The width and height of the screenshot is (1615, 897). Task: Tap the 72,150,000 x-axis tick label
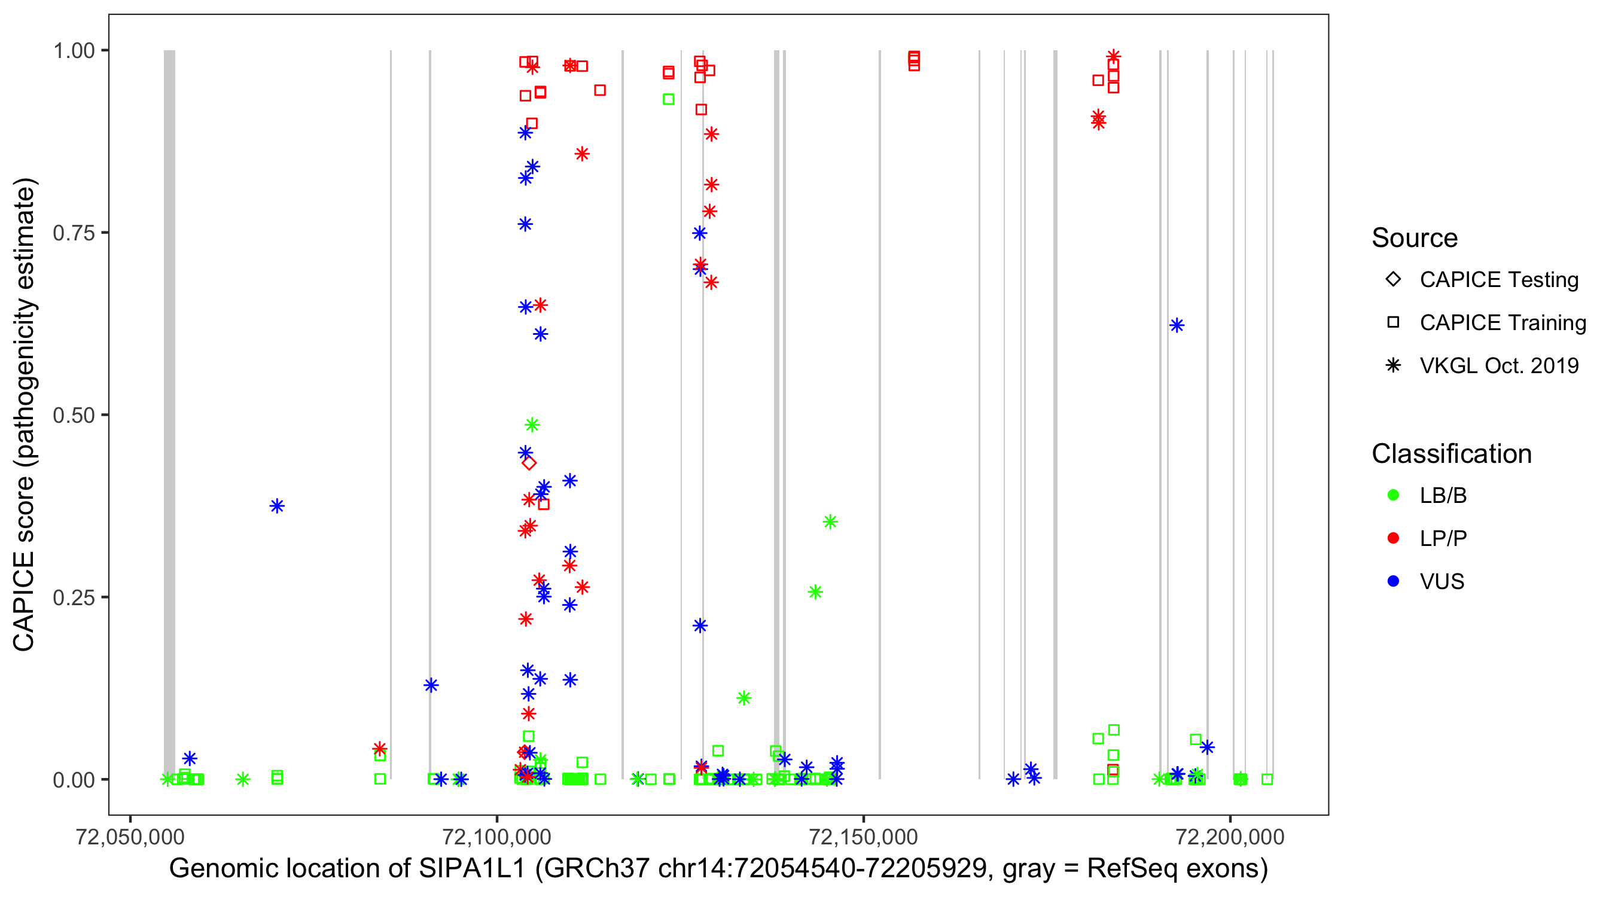point(863,836)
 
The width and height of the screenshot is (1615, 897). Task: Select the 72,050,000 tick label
point(130,836)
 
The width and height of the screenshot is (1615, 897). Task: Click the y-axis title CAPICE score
point(25,414)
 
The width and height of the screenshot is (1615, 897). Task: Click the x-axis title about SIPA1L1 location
point(718,868)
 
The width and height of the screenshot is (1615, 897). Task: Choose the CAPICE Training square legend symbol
point(1393,322)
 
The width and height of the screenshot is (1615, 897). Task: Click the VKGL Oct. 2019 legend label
point(1498,365)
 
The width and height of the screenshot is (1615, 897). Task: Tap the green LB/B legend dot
point(1393,495)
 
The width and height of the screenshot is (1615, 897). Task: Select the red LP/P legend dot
point(1393,538)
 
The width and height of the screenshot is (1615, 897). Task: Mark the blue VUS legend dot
point(1393,581)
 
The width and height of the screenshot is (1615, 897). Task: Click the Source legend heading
point(1414,238)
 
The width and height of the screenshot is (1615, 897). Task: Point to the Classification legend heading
point(1451,454)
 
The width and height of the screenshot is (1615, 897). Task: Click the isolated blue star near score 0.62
point(1176,325)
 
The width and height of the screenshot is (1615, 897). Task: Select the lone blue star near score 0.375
point(277,506)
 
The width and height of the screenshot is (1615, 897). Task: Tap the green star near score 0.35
point(830,521)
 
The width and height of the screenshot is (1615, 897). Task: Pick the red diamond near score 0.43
point(529,463)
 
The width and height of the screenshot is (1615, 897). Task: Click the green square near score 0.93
point(669,99)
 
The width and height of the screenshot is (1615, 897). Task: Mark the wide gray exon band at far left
point(169,414)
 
